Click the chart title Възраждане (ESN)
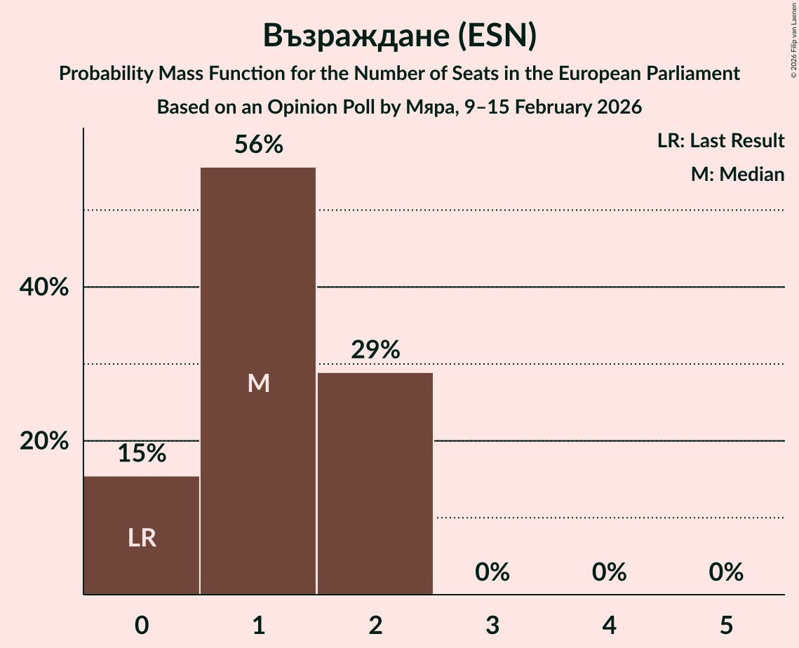(399, 36)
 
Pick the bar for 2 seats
(375, 483)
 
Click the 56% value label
(259, 145)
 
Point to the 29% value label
(375, 350)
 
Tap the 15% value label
(142, 454)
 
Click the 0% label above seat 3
(492, 572)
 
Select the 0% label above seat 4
(609, 572)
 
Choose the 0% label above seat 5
(725, 572)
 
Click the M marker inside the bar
(259, 383)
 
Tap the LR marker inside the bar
(142, 538)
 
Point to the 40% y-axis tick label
(43, 288)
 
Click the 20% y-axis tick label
(43, 441)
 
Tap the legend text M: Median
(737, 174)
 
